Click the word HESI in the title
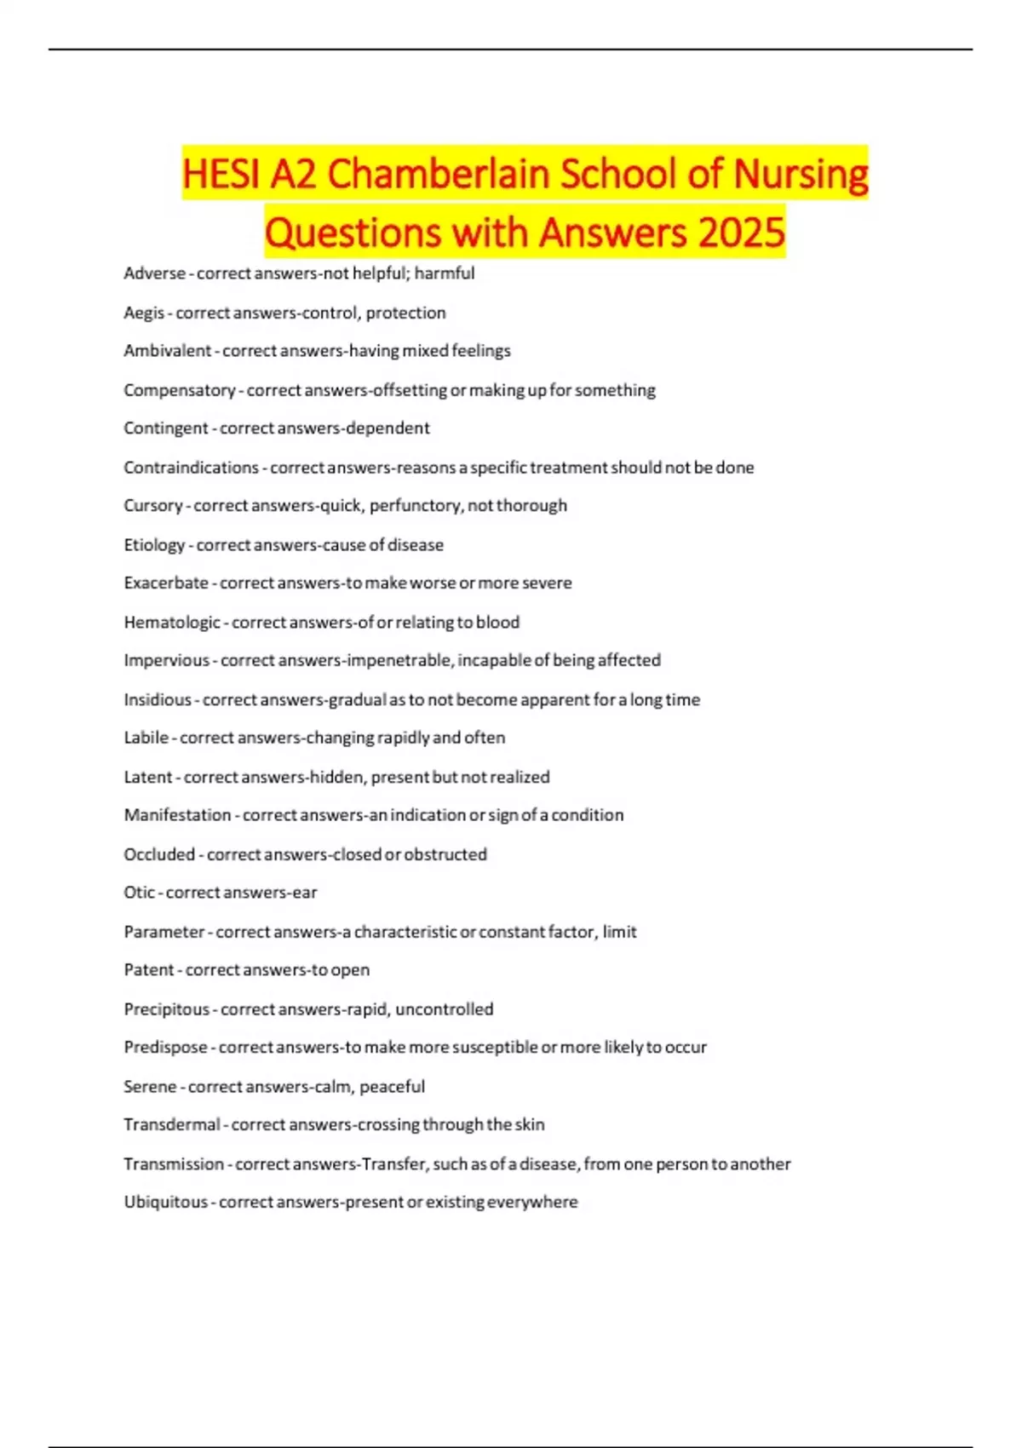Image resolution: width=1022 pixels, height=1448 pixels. point(221,174)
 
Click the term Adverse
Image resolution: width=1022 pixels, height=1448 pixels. point(154,273)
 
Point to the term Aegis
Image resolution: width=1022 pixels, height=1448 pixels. point(144,313)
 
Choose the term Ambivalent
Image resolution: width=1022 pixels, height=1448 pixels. point(167,351)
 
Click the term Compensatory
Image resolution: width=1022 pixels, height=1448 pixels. point(179,390)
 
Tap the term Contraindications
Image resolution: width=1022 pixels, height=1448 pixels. point(191,468)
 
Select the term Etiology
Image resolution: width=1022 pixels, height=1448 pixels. point(154,545)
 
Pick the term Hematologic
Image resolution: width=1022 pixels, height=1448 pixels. point(172,623)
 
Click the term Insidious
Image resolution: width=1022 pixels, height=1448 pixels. point(158,700)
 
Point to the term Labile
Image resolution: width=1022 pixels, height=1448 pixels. point(146,738)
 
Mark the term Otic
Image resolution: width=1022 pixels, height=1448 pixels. point(140,893)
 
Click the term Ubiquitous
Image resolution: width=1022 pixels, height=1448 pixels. point(165,1202)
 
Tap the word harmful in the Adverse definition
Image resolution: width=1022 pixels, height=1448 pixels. point(445,273)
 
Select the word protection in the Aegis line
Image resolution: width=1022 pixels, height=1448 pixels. point(406,313)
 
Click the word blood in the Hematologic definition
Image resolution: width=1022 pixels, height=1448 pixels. point(498,623)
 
